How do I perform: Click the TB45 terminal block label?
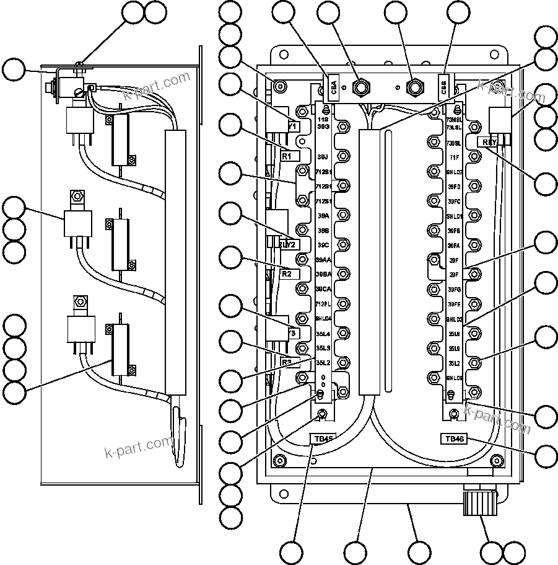323,438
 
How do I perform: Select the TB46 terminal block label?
454,438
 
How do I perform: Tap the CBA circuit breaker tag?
334,86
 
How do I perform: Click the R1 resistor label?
287,156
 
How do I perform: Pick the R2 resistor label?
287,273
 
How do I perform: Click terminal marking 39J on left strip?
323,157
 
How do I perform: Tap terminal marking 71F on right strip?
454,158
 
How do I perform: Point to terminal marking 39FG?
454,289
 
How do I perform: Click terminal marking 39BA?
323,274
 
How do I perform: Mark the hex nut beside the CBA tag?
359,85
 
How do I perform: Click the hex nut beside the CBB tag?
412,85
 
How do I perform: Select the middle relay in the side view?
78,224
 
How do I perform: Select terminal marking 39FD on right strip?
454,187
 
